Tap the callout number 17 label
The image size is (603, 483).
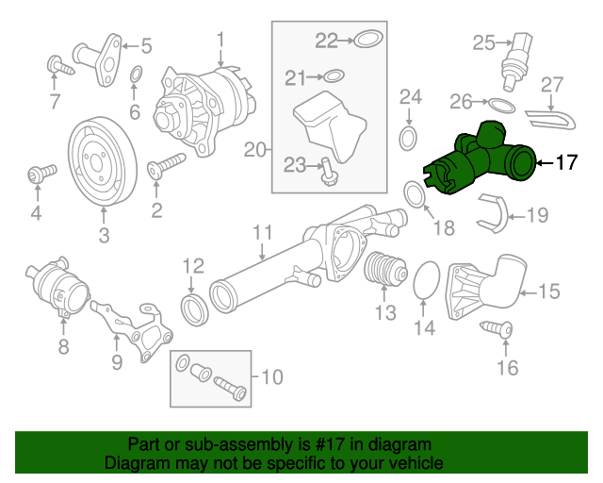pos(564,163)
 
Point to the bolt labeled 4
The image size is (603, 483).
pos(37,175)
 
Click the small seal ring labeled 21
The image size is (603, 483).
pos(334,75)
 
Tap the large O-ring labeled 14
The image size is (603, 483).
pos(427,279)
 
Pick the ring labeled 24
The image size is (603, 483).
pos(409,140)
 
